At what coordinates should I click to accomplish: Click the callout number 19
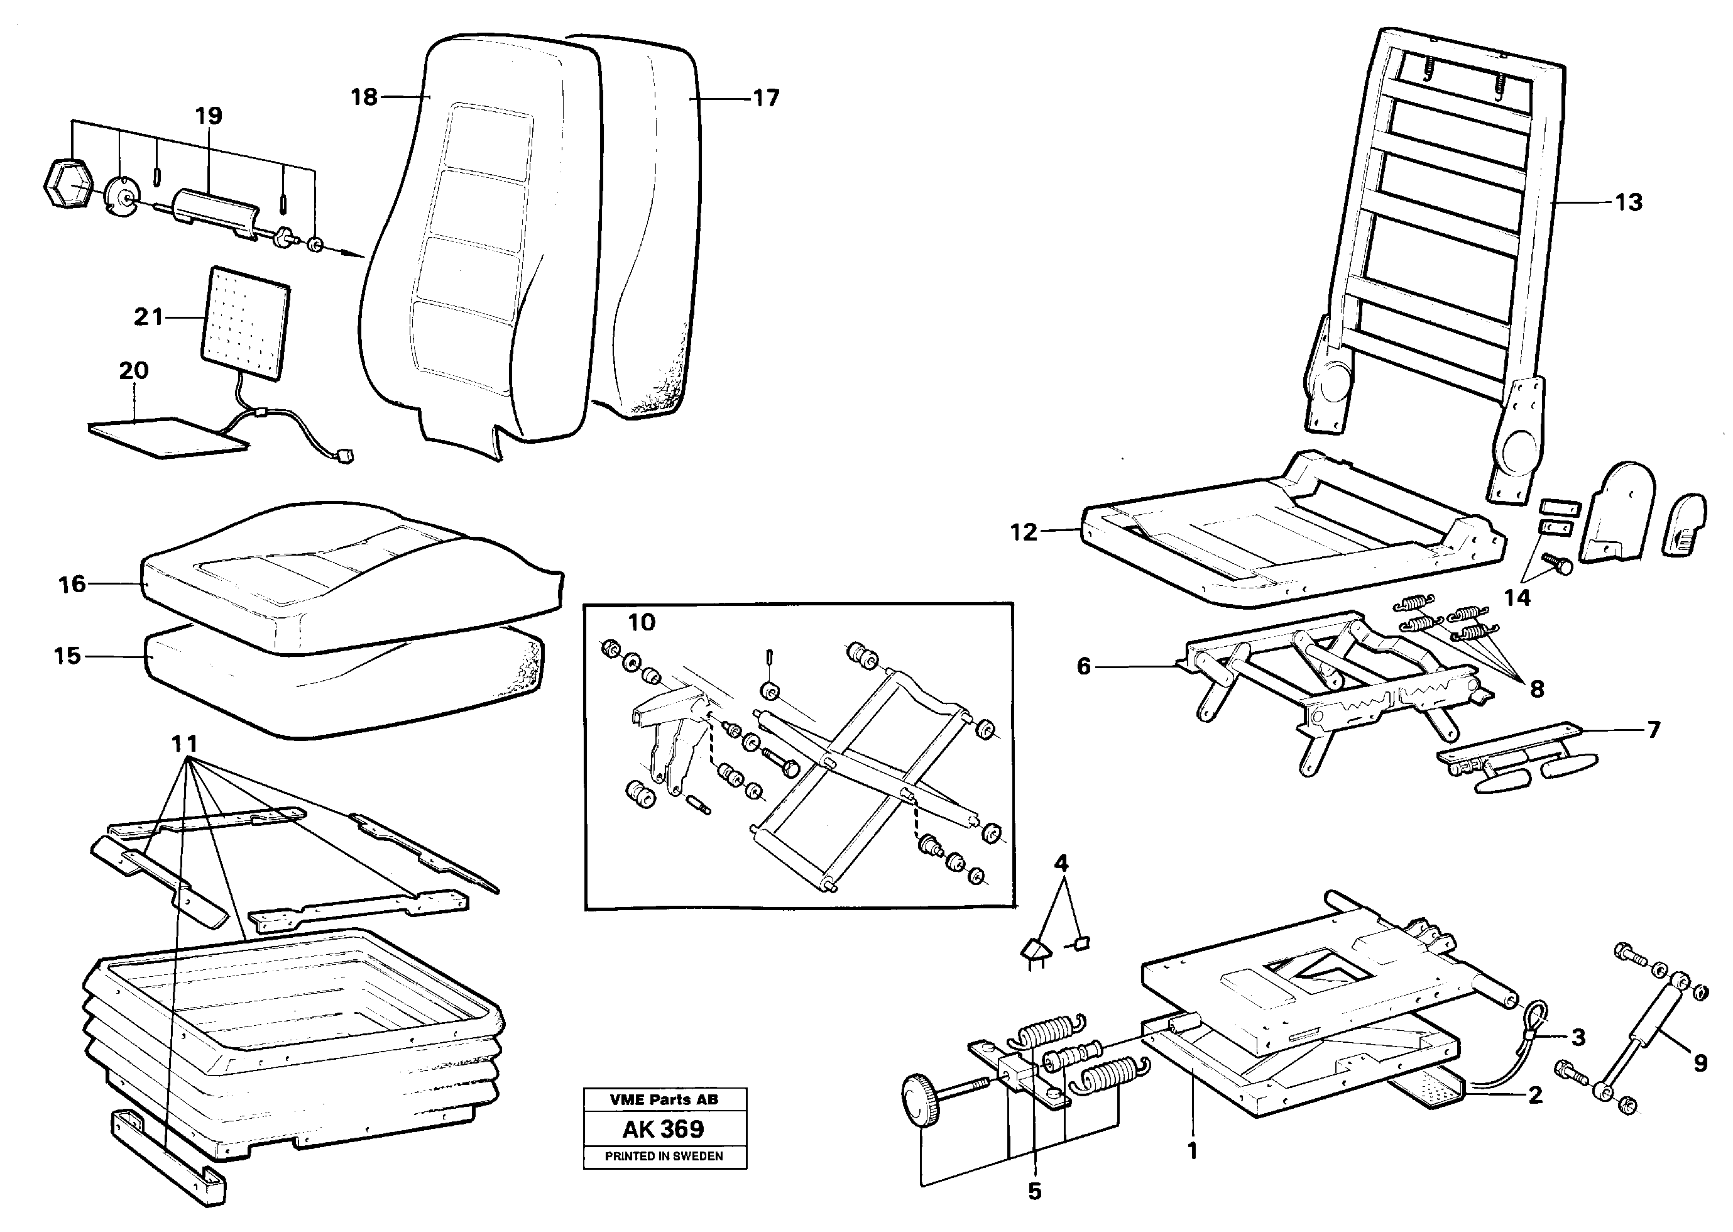click(209, 116)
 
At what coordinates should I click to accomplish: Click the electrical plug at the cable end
click(346, 457)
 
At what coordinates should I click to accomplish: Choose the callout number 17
click(766, 99)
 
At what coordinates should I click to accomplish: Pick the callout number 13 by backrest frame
click(1628, 202)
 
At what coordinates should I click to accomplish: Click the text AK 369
click(664, 1129)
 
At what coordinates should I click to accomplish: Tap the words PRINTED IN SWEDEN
click(664, 1156)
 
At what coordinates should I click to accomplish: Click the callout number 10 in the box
click(642, 622)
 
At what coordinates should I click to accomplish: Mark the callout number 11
click(184, 744)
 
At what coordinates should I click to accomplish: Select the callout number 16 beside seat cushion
click(73, 584)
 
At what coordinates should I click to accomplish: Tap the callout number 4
click(1061, 862)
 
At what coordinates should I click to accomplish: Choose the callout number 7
click(1654, 730)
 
